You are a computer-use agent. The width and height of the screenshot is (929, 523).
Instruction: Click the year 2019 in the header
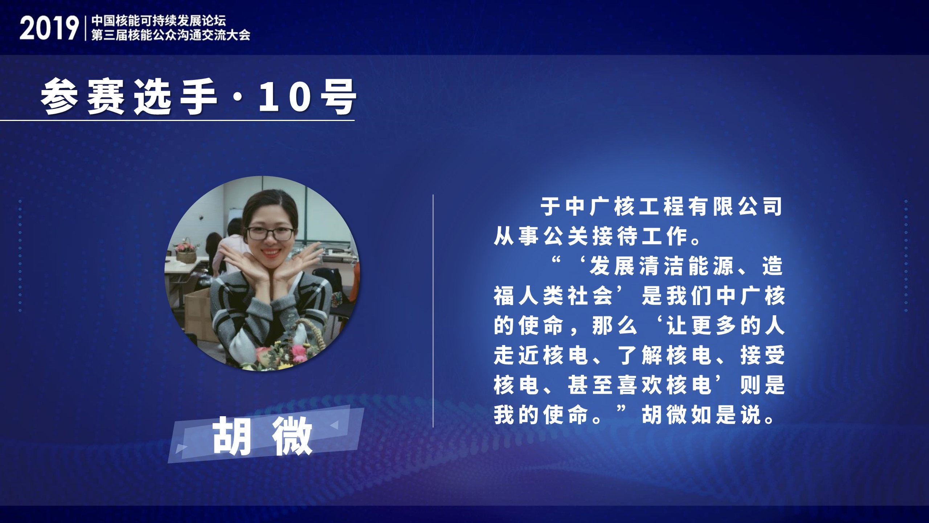point(49,28)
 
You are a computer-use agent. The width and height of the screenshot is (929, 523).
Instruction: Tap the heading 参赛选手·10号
point(198,97)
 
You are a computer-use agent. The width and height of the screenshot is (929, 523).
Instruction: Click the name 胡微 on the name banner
point(262,436)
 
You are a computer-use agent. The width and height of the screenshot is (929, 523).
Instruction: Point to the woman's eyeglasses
point(270,233)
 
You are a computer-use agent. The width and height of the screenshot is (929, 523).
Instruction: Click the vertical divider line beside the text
point(433,311)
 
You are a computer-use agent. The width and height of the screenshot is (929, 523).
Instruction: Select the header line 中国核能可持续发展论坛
point(159,21)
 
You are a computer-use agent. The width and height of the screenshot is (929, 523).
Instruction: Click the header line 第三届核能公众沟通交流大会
point(171,35)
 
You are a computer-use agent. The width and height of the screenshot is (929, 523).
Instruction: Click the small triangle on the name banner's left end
point(180,449)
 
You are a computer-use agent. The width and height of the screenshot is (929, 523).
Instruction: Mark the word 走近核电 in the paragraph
point(541,355)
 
